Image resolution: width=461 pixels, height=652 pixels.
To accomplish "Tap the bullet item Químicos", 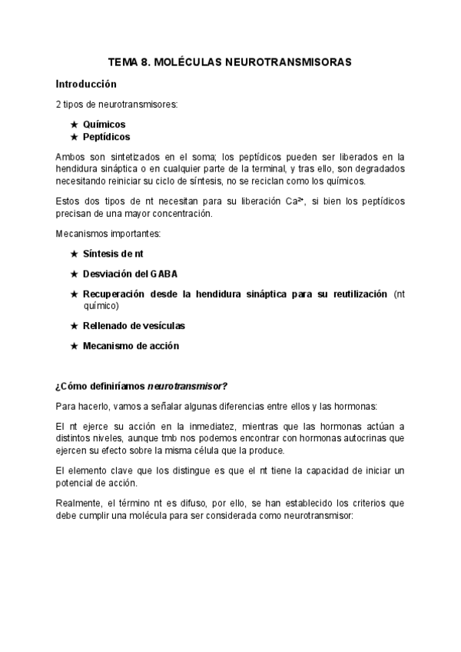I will tap(104, 124).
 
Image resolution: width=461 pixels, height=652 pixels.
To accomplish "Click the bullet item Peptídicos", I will tap(107, 136).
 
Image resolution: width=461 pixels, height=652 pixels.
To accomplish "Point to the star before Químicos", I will tap(74, 124).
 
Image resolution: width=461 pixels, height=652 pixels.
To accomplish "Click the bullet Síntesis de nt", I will tap(113, 253).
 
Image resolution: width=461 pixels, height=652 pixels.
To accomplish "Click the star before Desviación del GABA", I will tap(74, 274).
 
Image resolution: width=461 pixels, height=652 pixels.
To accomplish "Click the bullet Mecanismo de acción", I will tap(131, 346).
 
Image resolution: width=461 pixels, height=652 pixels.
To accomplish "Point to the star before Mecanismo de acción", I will tap(74, 346).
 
